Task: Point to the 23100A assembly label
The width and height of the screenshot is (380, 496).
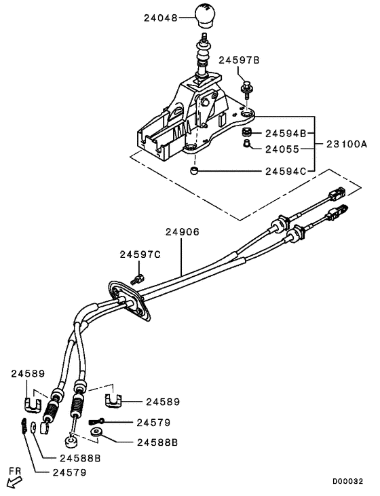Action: [x=346, y=144]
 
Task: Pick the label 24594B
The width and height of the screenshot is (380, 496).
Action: [x=286, y=133]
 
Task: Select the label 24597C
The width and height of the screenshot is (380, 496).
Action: [x=140, y=254]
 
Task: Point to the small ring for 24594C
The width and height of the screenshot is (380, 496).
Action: [x=195, y=172]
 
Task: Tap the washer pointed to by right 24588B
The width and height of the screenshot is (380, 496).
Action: [x=95, y=432]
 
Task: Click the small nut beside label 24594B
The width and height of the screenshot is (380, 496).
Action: [x=248, y=132]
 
